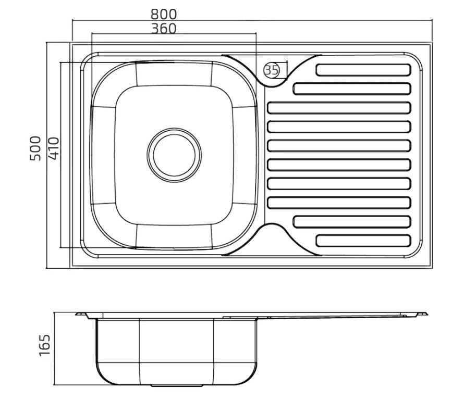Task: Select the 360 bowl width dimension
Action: coord(164,28)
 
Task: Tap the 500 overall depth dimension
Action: coord(35,148)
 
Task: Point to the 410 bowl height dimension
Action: coord(53,148)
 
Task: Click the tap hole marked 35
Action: coord(271,69)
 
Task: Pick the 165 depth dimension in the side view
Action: coord(45,345)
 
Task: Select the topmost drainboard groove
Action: coord(364,70)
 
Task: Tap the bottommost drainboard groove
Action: coord(364,241)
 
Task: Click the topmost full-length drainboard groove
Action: coord(339,108)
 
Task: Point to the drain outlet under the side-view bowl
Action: coord(177,386)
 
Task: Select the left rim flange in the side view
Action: coord(83,314)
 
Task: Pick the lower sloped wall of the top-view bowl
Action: coord(174,235)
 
